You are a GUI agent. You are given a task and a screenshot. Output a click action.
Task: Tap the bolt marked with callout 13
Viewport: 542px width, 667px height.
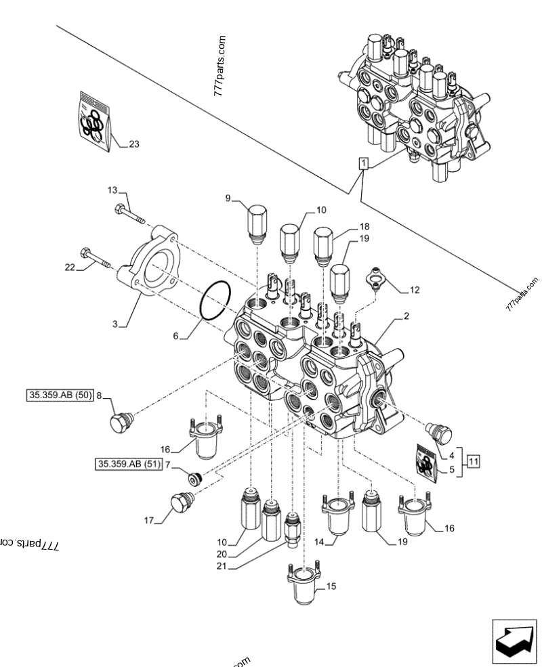tap(131, 213)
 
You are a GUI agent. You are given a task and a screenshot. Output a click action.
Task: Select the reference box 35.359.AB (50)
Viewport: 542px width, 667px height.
tap(60, 396)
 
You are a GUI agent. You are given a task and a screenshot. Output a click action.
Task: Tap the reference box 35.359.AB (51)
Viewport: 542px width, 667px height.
tap(127, 464)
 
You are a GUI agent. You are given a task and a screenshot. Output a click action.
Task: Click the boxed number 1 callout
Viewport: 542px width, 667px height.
tap(364, 163)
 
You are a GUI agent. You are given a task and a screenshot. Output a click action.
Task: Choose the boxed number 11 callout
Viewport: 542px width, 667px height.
tap(472, 462)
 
